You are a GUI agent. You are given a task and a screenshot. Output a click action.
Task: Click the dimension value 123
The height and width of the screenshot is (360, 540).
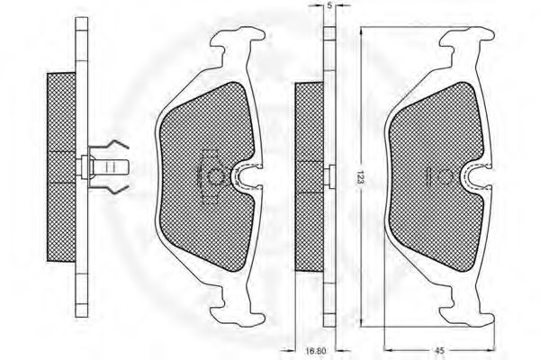[x=360, y=177]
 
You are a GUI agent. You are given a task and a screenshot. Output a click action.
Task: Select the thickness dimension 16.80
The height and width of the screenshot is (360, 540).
[x=316, y=352]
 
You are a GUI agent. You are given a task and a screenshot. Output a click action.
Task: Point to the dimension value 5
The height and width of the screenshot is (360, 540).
[x=329, y=6]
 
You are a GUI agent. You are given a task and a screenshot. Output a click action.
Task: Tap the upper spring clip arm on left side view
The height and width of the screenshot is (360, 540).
[x=110, y=146]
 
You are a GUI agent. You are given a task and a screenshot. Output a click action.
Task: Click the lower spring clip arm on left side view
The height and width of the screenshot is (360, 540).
[x=110, y=189]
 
